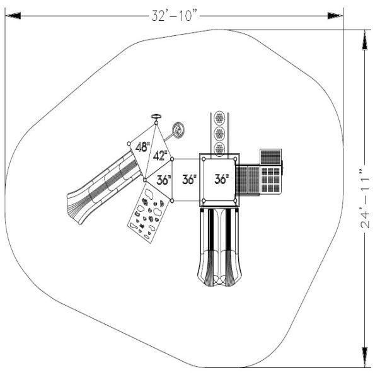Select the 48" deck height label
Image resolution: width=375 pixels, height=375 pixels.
point(142,147)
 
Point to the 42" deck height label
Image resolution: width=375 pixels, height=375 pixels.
point(161,156)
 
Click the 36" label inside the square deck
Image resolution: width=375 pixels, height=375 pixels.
point(221,179)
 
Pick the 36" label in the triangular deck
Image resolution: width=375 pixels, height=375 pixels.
point(163,180)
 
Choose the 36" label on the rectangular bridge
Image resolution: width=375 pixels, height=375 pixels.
point(189,180)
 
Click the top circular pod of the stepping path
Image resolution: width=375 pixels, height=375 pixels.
point(219,118)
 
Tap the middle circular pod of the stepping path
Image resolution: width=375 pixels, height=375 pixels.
point(219,133)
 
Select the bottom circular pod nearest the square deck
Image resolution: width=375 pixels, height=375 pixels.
point(219,147)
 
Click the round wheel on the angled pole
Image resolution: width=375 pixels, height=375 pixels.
point(178,130)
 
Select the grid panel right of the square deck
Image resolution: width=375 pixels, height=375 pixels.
point(272,179)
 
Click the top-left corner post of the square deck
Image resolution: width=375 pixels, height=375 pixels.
point(204,158)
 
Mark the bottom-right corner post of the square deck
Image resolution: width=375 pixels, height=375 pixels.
point(236,202)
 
